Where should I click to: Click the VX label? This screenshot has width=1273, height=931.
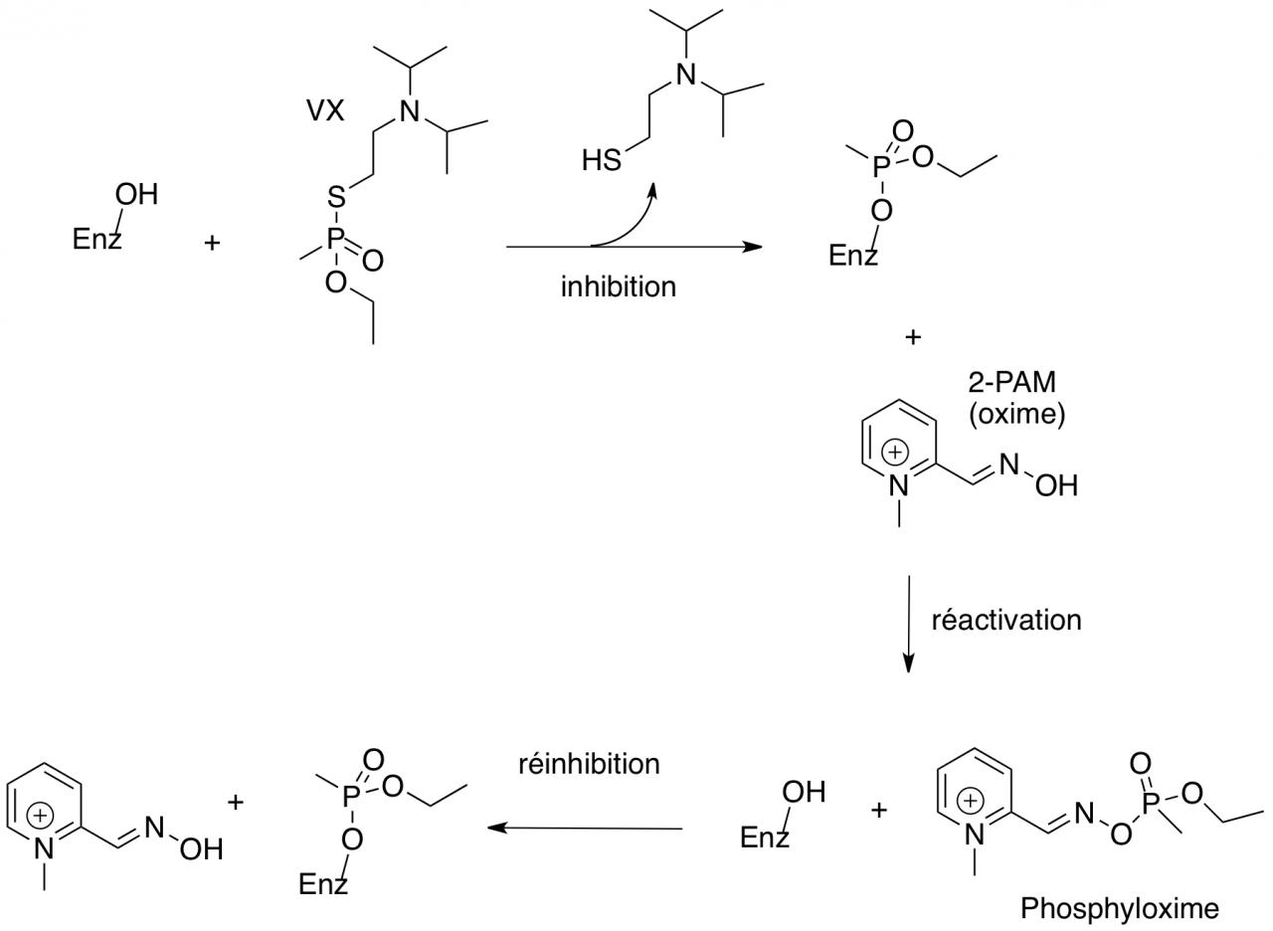click(326, 110)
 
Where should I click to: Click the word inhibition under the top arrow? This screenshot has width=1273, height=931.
click(618, 286)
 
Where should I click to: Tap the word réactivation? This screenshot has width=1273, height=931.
click(1005, 620)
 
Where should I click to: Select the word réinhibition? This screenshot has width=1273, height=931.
click(589, 763)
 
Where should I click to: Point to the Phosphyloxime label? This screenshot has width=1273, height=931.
click(1119, 907)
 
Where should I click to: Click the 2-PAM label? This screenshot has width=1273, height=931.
click(1011, 383)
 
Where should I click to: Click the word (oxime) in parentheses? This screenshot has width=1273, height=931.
click(1016, 413)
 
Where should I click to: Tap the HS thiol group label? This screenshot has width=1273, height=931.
click(602, 160)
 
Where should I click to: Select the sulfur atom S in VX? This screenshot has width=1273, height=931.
click(337, 199)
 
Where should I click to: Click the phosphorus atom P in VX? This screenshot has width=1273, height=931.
click(336, 240)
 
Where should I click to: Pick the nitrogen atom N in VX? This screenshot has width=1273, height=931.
click(409, 112)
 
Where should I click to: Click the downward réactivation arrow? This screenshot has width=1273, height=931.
click(908, 623)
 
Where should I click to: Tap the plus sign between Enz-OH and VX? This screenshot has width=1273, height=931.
click(212, 242)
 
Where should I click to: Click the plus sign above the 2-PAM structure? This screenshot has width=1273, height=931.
click(913, 337)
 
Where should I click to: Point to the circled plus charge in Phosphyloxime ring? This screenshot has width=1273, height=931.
click(971, 800)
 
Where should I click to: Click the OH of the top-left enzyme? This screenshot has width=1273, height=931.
click(137, 194)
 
